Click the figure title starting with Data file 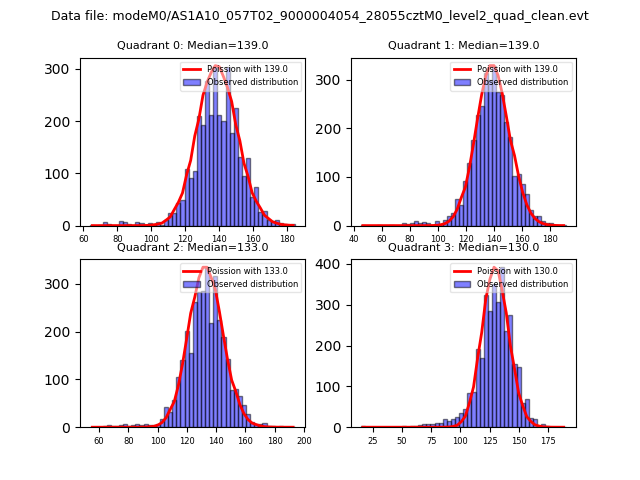coord(320,16)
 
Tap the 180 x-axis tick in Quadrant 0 coord(288,239)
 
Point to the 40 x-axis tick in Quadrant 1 coord(355,239)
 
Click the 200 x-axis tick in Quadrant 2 coord(304,441)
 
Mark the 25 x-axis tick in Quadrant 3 coord(373,441)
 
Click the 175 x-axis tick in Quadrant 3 coord(548,441)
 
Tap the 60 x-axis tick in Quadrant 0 coord(84,239)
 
